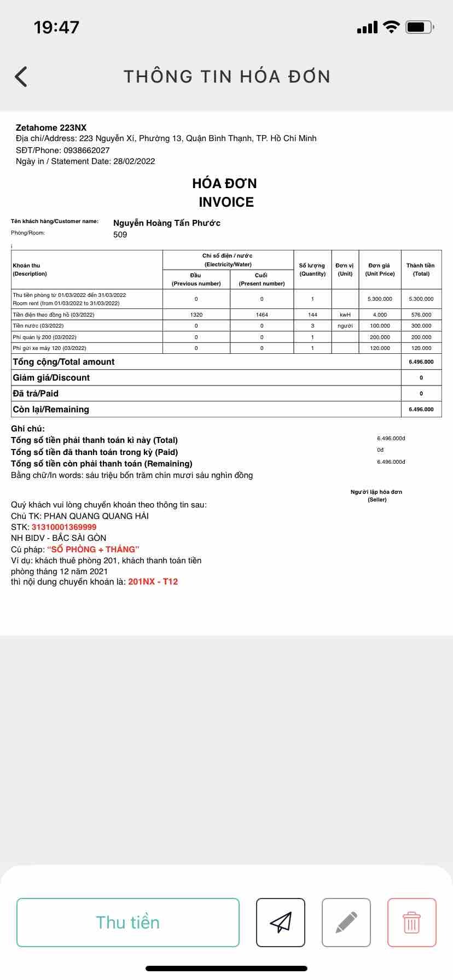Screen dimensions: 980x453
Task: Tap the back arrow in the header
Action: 21,77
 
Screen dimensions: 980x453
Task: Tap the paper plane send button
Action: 281,923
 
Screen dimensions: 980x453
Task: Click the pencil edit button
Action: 346,923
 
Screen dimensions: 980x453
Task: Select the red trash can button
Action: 411,923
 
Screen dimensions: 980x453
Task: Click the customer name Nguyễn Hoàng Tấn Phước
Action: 167,223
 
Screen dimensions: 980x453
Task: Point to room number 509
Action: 120,235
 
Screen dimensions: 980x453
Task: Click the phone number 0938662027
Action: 86,150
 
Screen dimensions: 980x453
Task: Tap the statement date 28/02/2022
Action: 134,161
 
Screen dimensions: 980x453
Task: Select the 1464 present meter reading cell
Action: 262,315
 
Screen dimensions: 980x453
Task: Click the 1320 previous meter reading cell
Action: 196,315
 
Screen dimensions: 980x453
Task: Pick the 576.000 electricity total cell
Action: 421,315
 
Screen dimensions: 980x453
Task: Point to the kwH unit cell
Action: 345,315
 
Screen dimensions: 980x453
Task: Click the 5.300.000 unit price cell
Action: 380,299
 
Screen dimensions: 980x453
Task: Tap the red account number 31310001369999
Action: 64,527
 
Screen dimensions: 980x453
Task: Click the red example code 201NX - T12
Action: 153,582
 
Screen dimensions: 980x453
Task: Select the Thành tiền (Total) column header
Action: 421,270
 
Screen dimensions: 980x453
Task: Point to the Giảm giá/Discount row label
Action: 51,378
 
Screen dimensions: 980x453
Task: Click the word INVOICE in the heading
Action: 226,202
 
